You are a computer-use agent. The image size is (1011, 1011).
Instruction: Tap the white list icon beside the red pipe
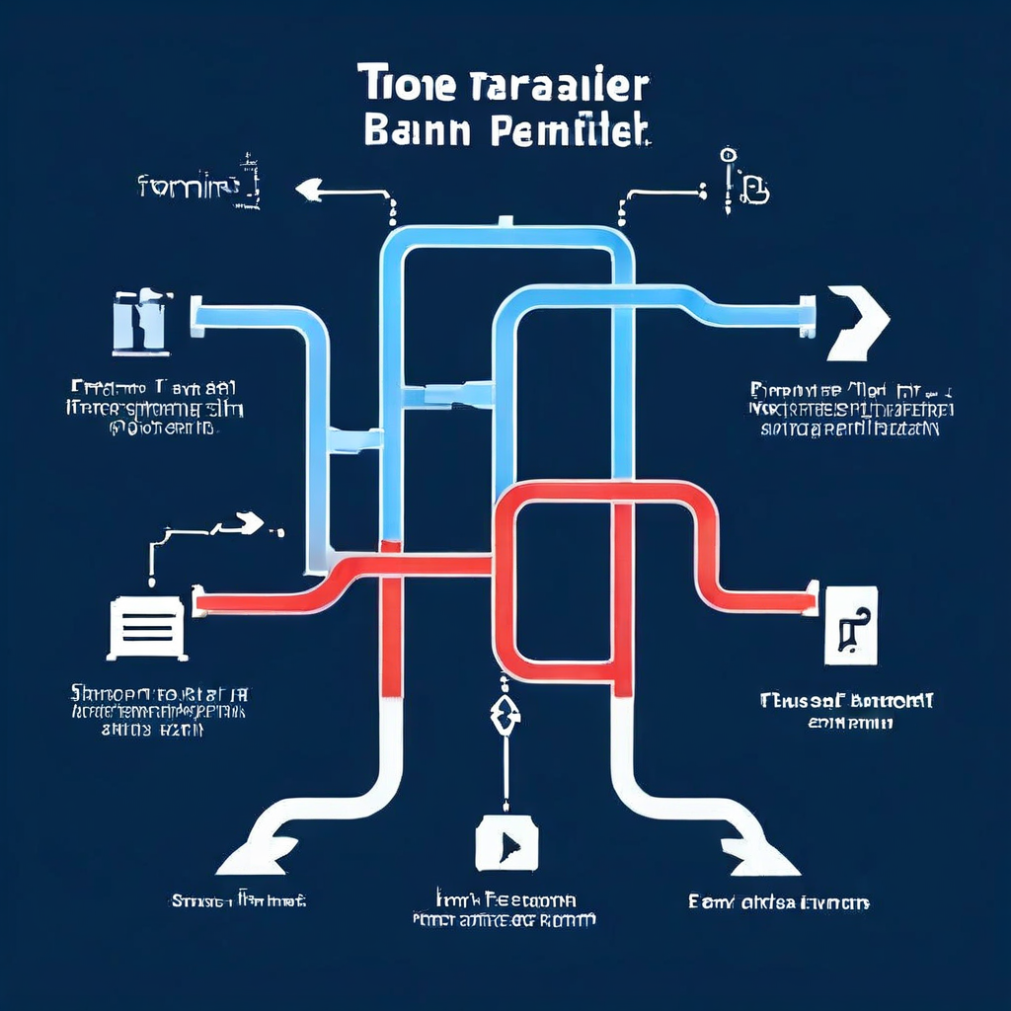pyautogui.click(x=146, y=627)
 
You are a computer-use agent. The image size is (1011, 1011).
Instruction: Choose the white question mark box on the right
pyautogui.click(x=849, y=623)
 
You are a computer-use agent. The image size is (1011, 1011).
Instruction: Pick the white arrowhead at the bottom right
pyautogui.click(x=755, y=851)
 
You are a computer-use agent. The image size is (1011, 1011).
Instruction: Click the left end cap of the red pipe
pyautogui.click(x=197, y=599)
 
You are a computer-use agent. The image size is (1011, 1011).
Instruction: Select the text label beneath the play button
pyautogui.click(x=504, y=909)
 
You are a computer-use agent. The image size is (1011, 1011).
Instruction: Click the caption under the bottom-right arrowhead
pyautogui.click(x=778, y=902)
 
